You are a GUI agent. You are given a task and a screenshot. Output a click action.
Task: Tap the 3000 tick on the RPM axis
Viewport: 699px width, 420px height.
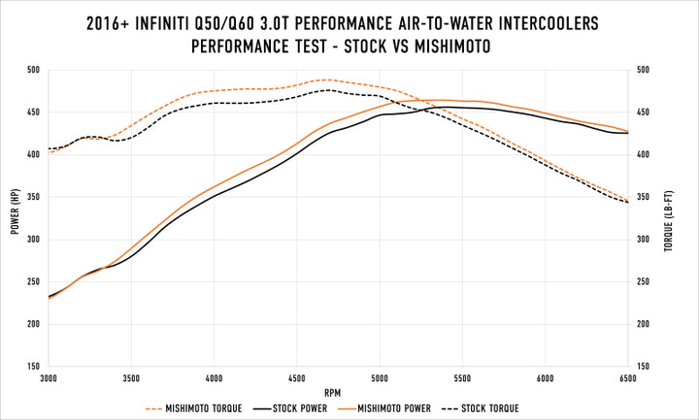(x=49, y=378)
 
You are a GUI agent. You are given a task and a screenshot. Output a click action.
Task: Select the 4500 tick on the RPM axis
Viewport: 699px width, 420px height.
(x=296, y=378)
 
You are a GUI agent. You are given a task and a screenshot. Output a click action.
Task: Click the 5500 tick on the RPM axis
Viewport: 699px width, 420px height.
(x=462, y=378)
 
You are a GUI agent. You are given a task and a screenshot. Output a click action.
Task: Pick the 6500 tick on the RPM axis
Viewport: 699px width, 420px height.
(x=627, y=378)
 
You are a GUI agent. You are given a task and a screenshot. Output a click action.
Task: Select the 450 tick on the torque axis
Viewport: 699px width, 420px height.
(x=643, y=113)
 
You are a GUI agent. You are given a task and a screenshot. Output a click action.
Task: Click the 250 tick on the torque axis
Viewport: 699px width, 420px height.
(x=643, y=282)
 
